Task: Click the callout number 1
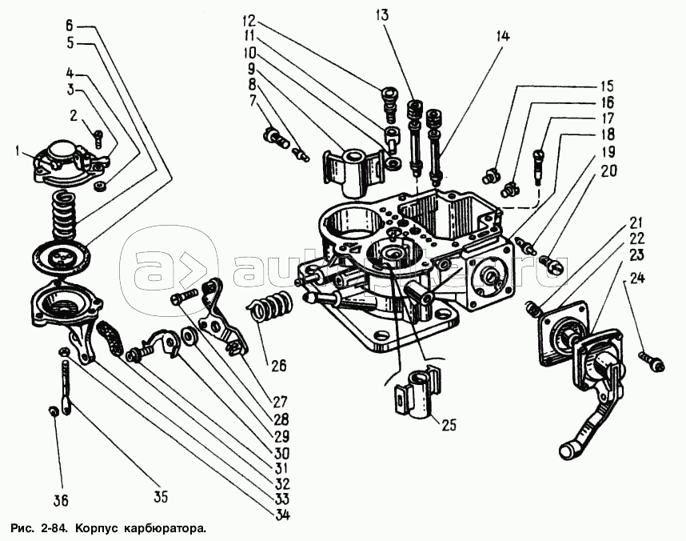(18, 150)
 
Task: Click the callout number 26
(277, 367)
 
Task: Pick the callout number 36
(61, 500)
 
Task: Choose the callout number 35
(162, 497)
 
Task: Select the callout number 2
(75, 115)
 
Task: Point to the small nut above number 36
(53, 411)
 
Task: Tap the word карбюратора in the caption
(161, 528)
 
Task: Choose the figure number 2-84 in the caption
(53, 528)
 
